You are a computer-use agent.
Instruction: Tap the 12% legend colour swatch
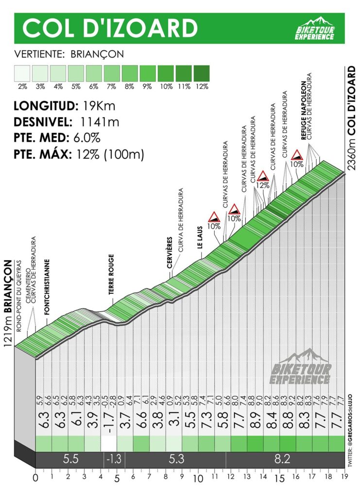202,74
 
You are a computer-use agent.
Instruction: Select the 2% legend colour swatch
22,74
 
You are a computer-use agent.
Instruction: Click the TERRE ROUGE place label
111,275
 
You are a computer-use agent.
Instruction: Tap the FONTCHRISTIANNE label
47,287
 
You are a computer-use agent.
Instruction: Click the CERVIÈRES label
170,252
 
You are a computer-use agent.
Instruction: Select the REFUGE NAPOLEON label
303,110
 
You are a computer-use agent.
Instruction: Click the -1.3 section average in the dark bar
114,459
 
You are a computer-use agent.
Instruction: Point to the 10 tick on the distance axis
198,478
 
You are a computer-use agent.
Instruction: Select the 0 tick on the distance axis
35,478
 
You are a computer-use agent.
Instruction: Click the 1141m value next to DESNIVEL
100,122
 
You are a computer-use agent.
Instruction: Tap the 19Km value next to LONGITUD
99,105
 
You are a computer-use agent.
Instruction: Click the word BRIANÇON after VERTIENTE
97,54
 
